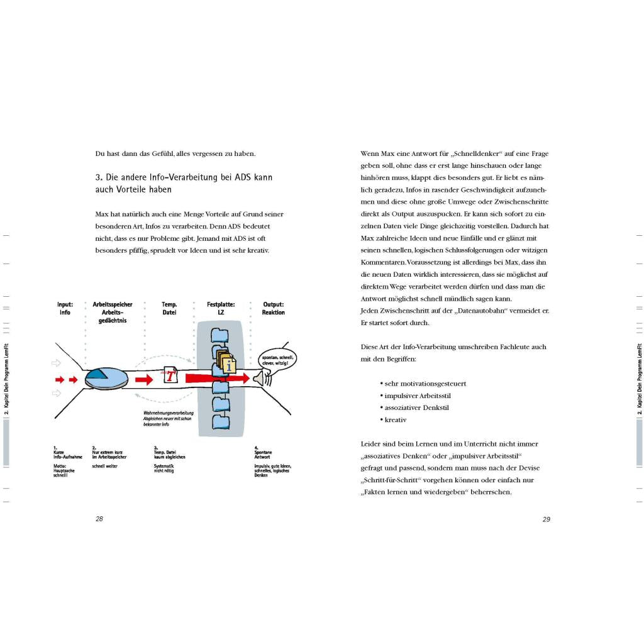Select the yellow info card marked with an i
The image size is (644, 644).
[x=229, y=364]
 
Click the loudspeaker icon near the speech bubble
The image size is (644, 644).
[x=259, y=378]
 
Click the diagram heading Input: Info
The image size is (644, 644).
[x=65, y=308]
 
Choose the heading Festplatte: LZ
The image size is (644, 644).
[x=221, y=308]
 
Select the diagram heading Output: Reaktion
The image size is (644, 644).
[x=274, y=308]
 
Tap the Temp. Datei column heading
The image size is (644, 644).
[x=169, y=308]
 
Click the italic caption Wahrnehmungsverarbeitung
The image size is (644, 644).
[x=169, y=413]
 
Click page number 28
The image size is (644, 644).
[x=99, y=519]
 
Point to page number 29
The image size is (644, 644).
[x=546, y=519]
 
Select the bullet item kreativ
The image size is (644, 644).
[x=395, y=419]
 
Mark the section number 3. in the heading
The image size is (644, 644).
[x=99, y=178]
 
